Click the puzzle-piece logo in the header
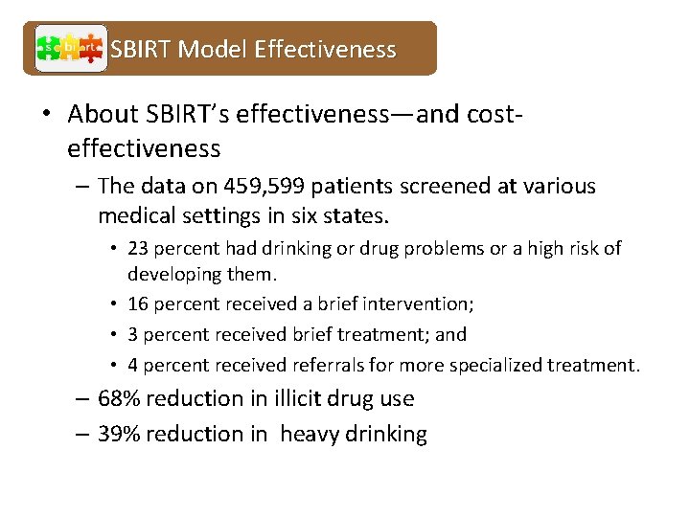[71, 48]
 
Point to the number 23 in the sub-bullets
[137, 249]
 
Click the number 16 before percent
[137, 304]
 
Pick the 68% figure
[118, 398]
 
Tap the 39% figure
[118, 434]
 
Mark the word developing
[174, 276]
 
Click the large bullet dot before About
[45, 115]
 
